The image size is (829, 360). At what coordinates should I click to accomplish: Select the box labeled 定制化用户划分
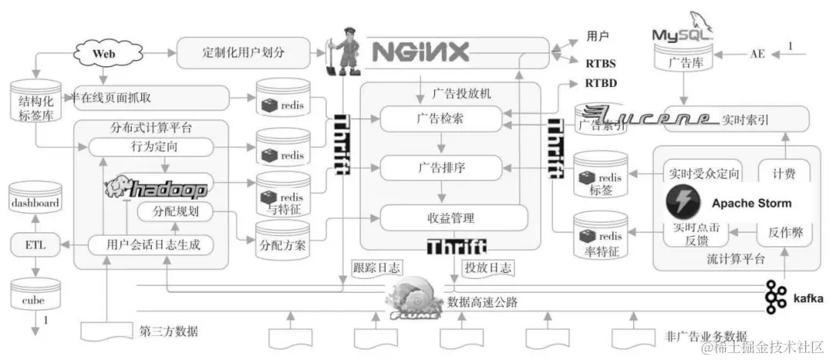(x=243, y=53)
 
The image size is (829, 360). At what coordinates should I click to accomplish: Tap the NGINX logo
(x=420, y=51)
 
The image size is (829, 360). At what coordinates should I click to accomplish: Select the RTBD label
(x=601, y=82)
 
